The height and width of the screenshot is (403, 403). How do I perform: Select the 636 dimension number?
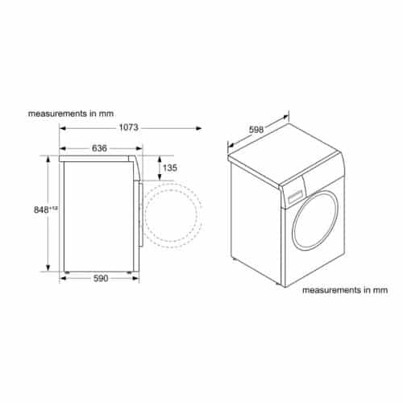pyautogui.click(x=100, y=148)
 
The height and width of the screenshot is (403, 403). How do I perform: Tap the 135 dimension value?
pyautogui.click(x=169, y=168)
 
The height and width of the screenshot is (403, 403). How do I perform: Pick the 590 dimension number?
pyautogui.click(x=99, y=279)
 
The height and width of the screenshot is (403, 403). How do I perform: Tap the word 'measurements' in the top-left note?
pyautogui.click(x=55, y=114)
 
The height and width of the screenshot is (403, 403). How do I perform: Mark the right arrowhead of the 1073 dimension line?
pyautogui.click(x=199, y=127)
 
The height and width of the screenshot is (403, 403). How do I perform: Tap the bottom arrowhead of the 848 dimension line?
pyautogui.click(x=50, y=270)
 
